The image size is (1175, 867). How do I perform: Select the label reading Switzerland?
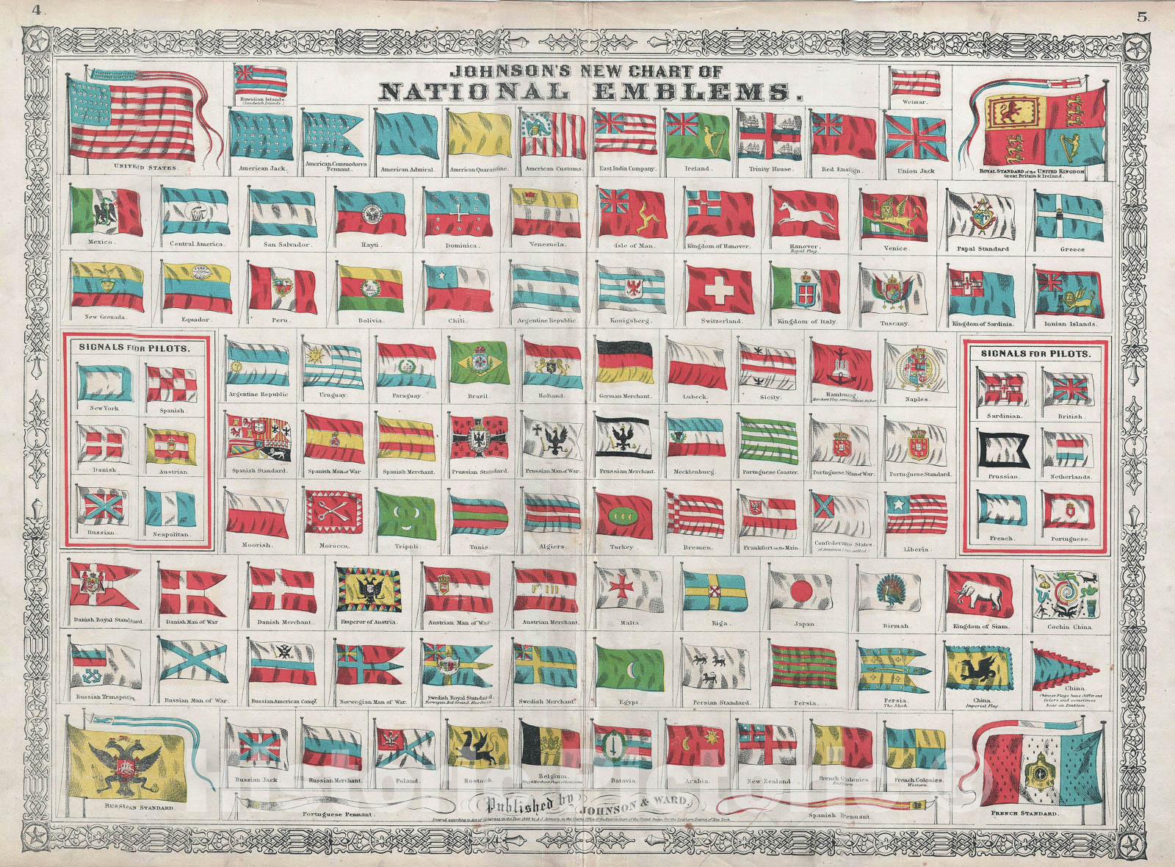pyautogui.click(x=721, y=321)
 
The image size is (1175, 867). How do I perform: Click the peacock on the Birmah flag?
pyautogui.click(x=891, y=591)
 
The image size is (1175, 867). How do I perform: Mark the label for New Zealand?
pyautogui.click(x=768, y=781)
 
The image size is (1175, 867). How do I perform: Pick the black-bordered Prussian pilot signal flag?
pyautogui.click(x=1002, y=448)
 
